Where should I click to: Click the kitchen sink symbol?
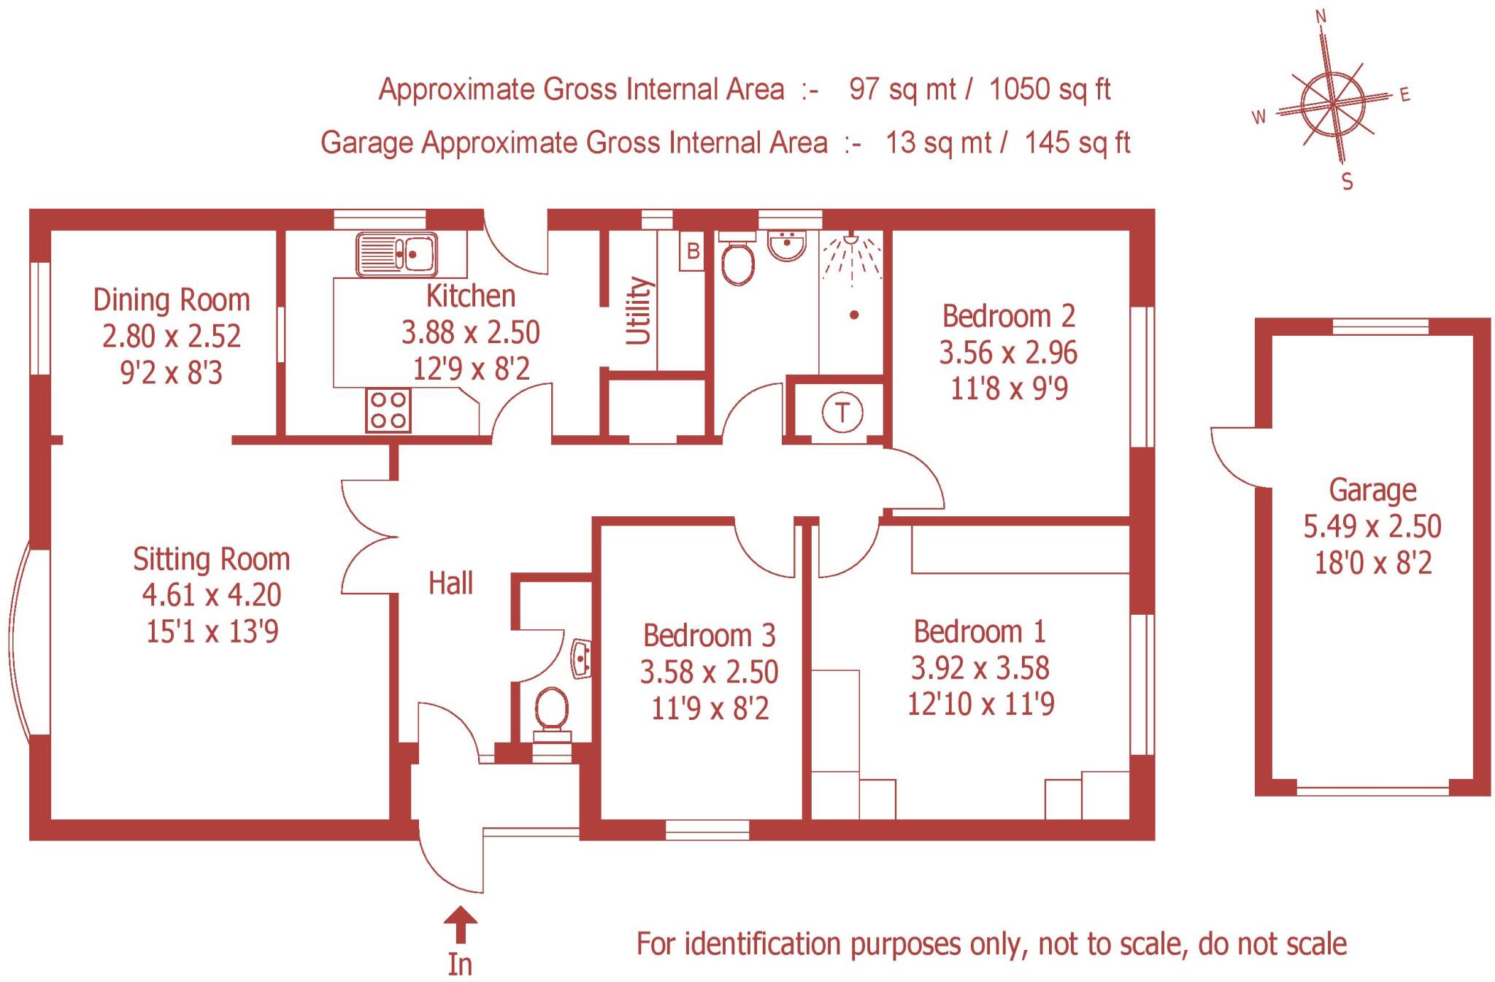[396, 254]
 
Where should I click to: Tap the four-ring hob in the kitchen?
[388, 410]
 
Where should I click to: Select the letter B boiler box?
[692, 251]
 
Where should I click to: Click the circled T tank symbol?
[842, 413]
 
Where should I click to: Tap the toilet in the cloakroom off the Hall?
[552, 710]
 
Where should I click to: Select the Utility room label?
[639, 310]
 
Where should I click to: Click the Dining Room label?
[172, 300]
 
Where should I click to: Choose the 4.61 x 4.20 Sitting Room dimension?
[212, 595]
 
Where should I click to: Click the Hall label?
[450, 583]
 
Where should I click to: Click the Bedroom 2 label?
[1008, 316]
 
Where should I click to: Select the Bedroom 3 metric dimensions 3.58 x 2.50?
[709, 672]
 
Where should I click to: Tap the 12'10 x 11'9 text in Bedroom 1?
[980, 704]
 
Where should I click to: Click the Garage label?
[1372, 490]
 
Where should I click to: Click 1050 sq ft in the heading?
[1050, 90]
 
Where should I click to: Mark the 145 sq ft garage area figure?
[1077, 142]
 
